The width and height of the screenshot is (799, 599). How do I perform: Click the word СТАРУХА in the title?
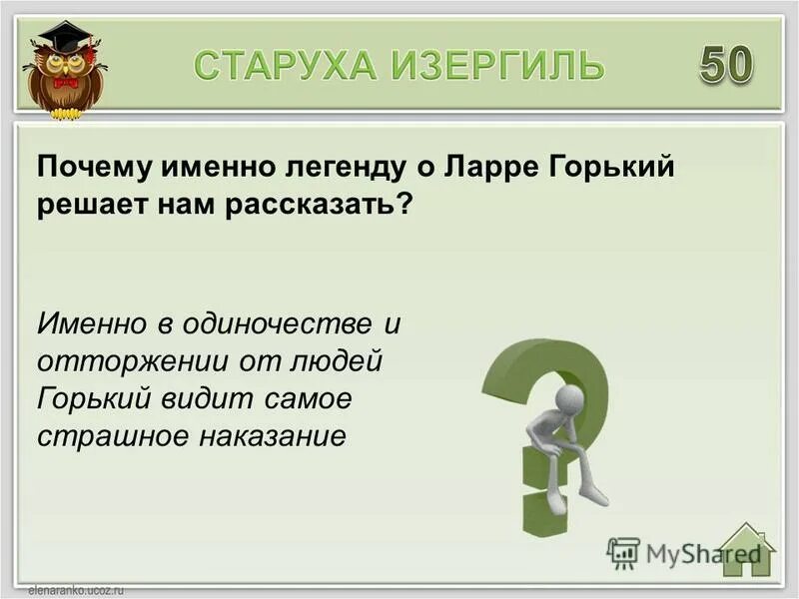[x=284, y=66]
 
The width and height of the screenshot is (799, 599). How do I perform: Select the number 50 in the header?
[x=726, y=65]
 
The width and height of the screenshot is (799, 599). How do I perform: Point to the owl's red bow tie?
[x=65, y=82]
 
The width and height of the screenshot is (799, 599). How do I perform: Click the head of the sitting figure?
[x=570, y=399]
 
